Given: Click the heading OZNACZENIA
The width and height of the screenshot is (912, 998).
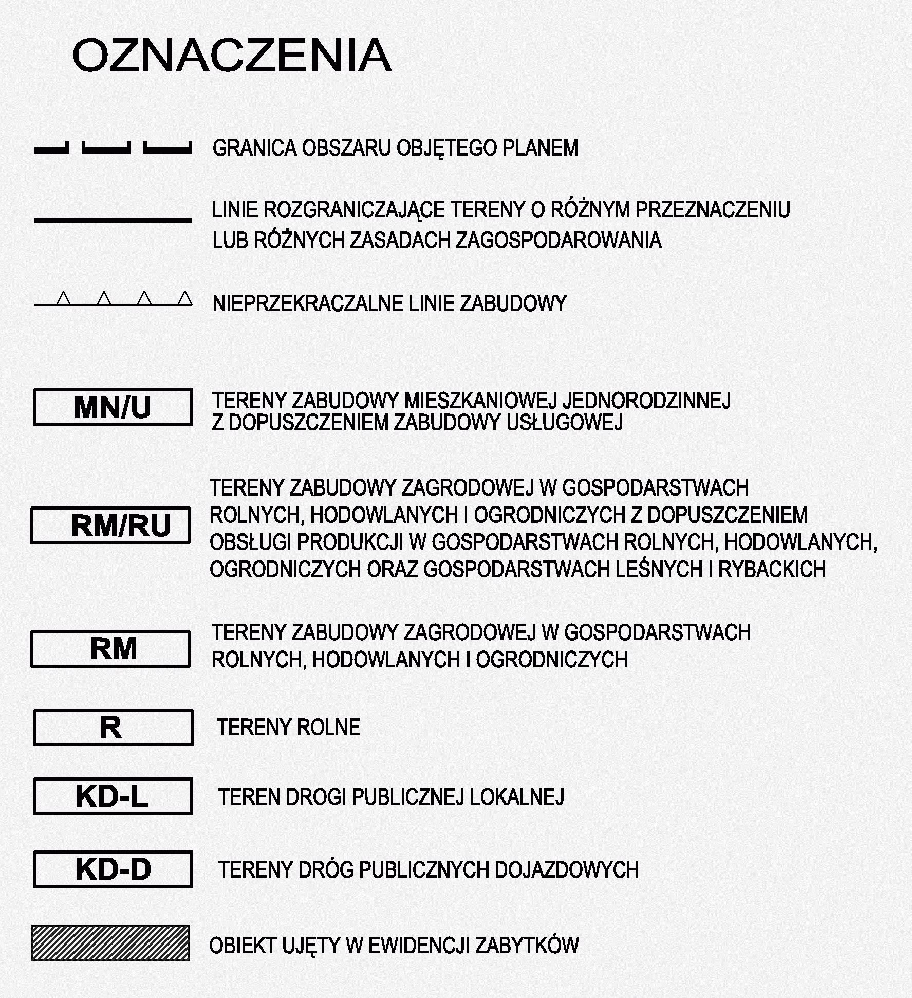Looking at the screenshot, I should click(x=232, y=55).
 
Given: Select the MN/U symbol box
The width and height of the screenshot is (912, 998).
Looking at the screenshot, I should click(x=113, y=407).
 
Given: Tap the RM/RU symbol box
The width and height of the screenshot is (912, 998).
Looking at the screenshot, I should click(x=110, y=525).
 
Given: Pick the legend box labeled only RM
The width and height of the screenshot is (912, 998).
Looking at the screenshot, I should click(x=110, y=648).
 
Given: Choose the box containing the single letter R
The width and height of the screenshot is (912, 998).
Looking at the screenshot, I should click(x=113, y=727).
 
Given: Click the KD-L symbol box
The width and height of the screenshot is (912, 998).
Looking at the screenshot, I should click(x=113, y=796).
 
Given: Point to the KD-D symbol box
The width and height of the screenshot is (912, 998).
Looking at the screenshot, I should click(x=113, y=869).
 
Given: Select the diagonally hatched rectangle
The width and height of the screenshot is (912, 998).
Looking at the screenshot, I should click(x=110, y=943).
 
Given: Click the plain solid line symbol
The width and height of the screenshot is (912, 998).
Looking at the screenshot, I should click(x=113, y=220).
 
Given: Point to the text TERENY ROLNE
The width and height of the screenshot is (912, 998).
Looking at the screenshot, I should click(x=288, y=728).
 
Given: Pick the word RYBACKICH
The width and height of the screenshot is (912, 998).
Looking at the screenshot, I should click(x=772, y=570).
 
